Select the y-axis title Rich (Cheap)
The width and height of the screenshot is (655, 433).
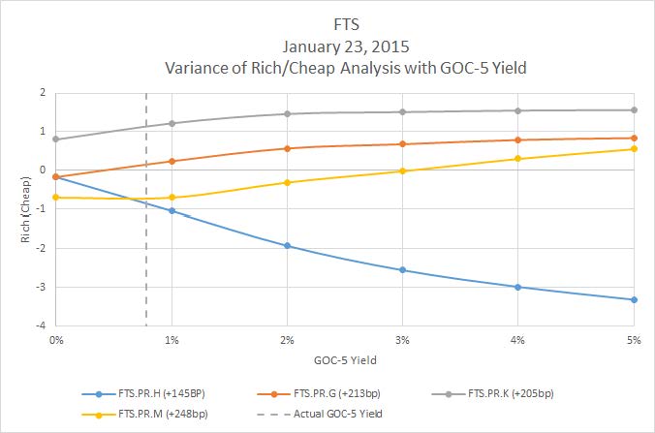(22, 208)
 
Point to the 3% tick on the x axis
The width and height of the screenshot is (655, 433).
(403, 340)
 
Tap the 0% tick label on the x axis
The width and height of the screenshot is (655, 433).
(56, 340)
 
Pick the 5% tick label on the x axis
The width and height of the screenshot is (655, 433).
(634, 340)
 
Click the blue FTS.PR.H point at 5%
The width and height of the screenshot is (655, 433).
(634, 299)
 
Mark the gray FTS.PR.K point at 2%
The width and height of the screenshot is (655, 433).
(287, 113)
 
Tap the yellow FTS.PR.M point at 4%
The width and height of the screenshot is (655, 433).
(518, 159)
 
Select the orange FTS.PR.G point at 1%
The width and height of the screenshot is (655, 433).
(172, 161)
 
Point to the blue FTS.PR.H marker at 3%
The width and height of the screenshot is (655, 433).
(403, 270)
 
